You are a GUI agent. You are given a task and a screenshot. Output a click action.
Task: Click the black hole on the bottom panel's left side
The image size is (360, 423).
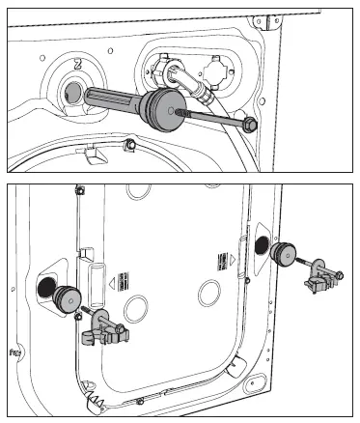click(45, 286)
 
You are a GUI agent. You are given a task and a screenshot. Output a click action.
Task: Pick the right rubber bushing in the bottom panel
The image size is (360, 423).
click(283, 255)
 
